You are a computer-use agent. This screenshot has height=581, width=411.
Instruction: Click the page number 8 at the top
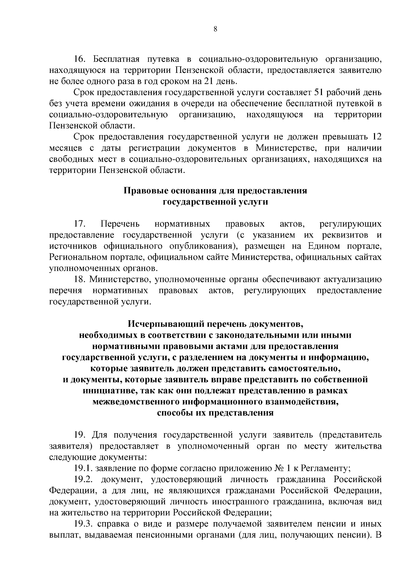point(215,29)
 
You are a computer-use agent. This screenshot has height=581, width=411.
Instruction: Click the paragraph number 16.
point(79,59)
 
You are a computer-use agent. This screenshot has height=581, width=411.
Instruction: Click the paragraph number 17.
point(79,224)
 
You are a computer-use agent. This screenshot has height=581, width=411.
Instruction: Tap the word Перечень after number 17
point(120,224)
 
